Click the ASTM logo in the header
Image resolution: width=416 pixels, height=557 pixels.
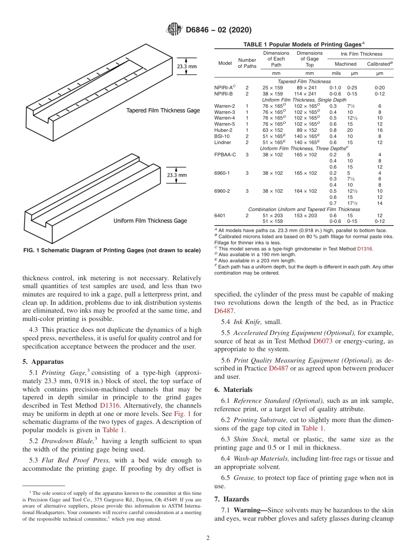(x=175, y=30)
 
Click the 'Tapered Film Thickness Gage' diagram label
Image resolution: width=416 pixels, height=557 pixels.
(x=163, y=111)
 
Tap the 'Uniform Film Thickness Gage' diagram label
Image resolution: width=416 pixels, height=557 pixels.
(x=150, y=221)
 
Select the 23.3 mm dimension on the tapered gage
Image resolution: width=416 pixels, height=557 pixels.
(x=187, y=67)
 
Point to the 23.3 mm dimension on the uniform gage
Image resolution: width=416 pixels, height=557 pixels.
(x=176, y=175)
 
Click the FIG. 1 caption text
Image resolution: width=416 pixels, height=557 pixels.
(x=112, y=250)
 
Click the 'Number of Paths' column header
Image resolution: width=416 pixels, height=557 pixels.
(x=247, y=63)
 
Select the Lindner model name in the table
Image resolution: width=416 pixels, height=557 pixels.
(x=222, y=142)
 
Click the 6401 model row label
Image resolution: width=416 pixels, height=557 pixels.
(x=220, y=215)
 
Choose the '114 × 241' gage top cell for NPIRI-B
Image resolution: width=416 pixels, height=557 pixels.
(x=310, y=94)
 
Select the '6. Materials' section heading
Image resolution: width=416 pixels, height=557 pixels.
(x=233, y=390)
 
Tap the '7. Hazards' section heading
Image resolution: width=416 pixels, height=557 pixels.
(x=232, y=499)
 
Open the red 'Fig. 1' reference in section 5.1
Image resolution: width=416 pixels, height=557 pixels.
(x=182, y=414)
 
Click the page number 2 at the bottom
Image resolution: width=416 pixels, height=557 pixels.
(x=208, y=538)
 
